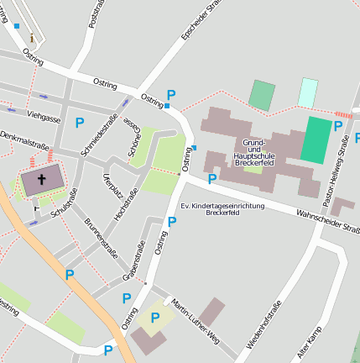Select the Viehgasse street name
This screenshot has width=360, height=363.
pyautogui.click(x=44, y=115)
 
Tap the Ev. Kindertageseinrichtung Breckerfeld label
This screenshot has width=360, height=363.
pyautogui.click(x=222, y=209)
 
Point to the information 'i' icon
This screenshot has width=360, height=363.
pyautogui.click(x=33, y=37)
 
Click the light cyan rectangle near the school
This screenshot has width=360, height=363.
pyautogui.click(x=309, y=92)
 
